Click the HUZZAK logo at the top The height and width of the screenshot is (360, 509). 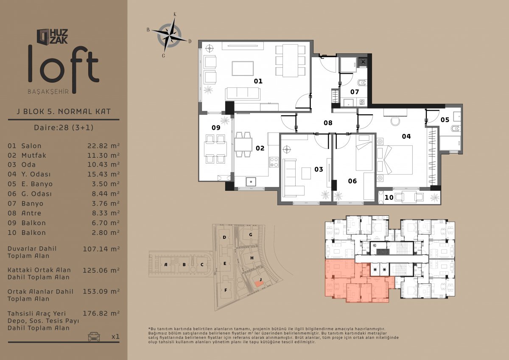click(52, 36)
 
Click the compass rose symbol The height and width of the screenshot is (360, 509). click(169, 36)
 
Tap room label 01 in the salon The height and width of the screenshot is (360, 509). click(258, 81)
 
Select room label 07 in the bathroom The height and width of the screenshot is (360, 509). click(355, 92)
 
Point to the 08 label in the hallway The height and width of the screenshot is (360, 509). click(328, 123)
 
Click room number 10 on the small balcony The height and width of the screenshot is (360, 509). click(389, 197)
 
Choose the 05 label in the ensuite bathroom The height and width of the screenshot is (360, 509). click(445, 120)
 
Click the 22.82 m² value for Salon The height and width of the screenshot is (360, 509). click(103, 145)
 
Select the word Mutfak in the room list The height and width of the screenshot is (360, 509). click(34, 155)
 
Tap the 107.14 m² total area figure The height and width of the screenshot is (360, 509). click(101, 249)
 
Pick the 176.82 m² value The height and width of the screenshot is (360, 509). click(101, 313)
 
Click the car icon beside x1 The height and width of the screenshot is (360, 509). click(94, 336)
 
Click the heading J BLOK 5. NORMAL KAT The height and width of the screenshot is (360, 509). click(64, 112)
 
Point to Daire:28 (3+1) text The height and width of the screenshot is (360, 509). click(64, 127)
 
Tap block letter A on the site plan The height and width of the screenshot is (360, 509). click(166, 264)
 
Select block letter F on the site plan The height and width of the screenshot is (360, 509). click(226, 290)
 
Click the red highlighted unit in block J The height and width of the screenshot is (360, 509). click(258, 283)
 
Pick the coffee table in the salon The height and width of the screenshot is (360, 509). click(243, 68)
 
